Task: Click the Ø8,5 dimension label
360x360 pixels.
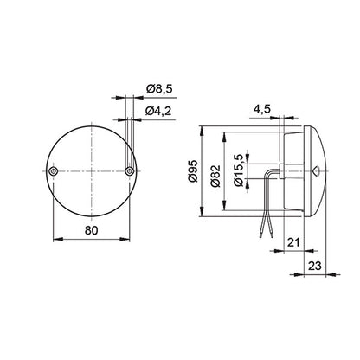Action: [x=161, y=87]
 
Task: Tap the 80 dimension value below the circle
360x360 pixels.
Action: [x=91, y=230]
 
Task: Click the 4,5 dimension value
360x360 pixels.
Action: [x=262, y=109]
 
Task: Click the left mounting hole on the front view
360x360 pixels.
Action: [x=54, y=173]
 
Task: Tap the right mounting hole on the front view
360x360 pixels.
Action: [x=130, y=173]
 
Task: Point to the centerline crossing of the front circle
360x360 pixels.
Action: [x=92, y=173]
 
